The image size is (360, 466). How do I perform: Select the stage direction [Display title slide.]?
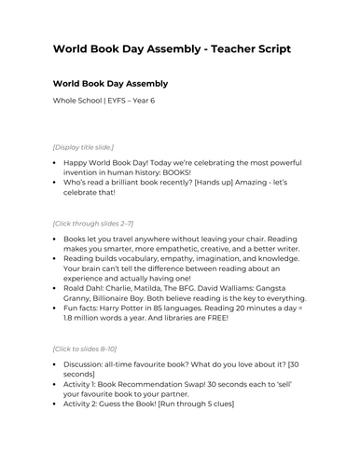[x=86, y=147]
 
